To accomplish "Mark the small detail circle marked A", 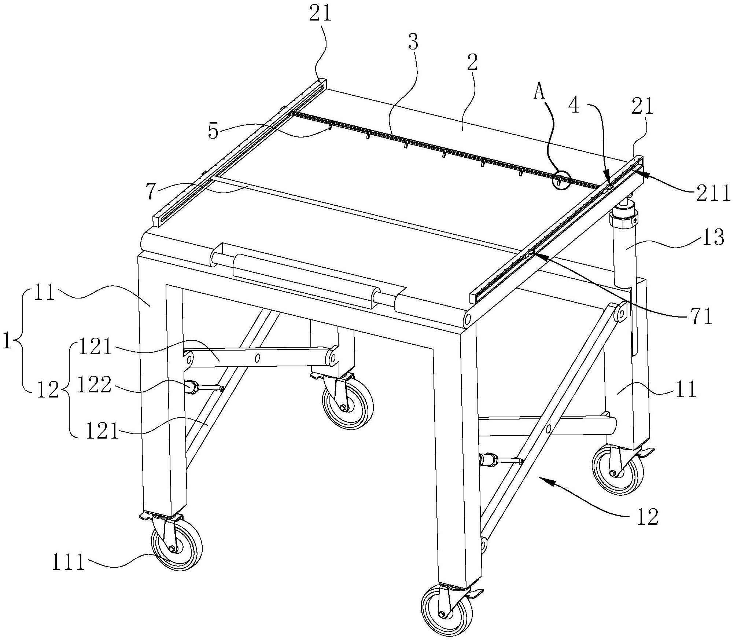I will click(562, 180).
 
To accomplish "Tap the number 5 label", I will click(213, 130).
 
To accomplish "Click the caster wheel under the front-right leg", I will click(446, 614).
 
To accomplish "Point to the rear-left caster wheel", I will click(348, 403).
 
